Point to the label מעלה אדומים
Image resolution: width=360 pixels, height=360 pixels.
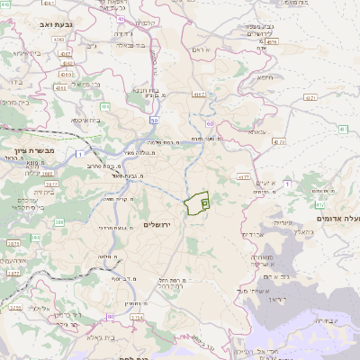[337, 218]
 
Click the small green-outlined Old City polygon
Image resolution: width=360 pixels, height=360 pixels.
[196, 203]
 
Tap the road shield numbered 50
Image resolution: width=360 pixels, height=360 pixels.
[155, 120]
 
